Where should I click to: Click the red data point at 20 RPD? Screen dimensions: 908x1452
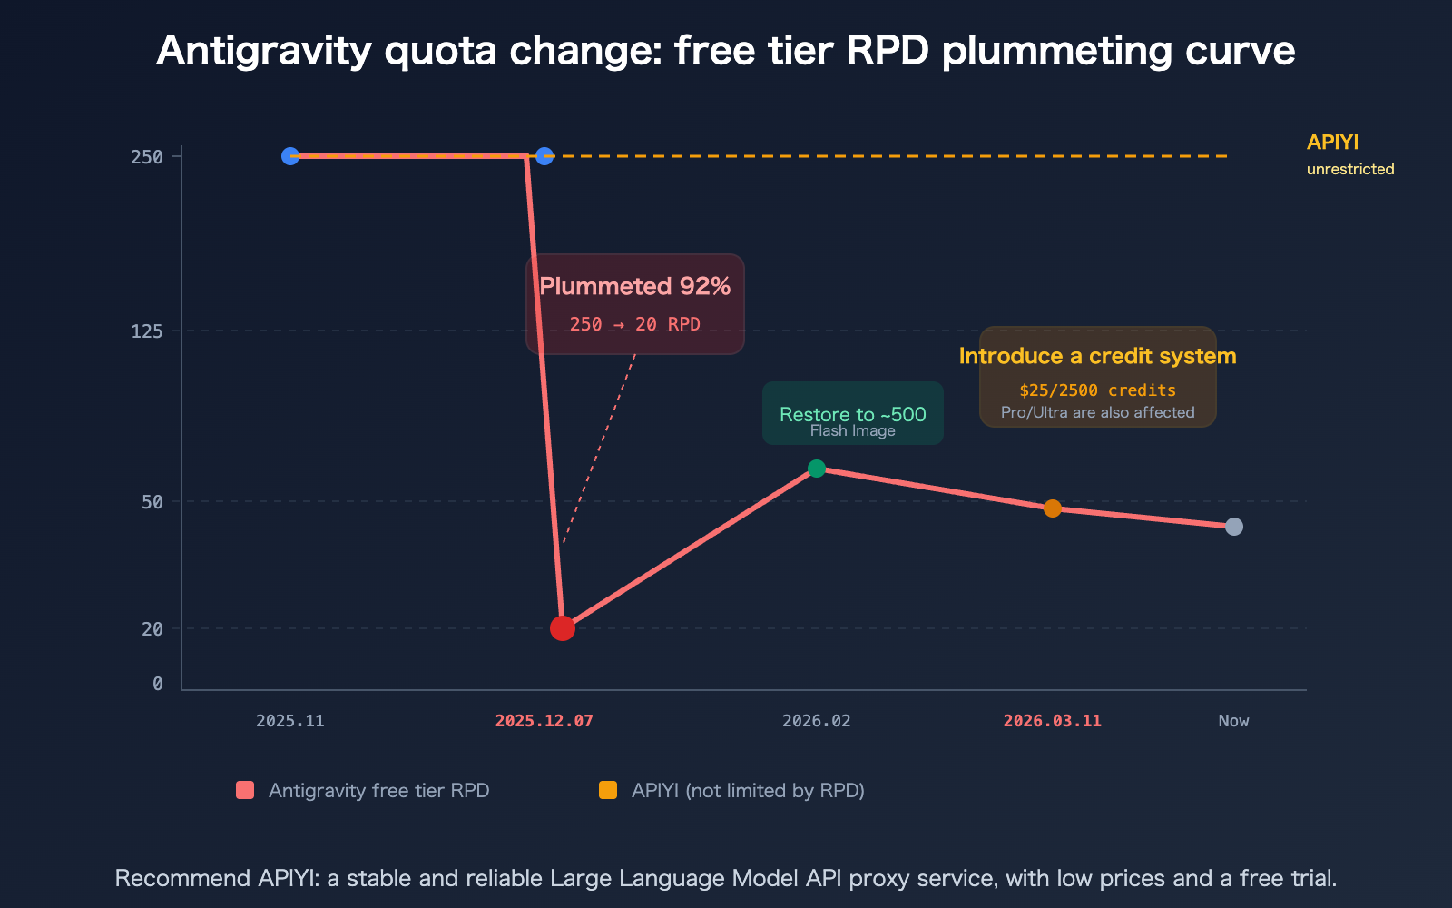tap(563, 628)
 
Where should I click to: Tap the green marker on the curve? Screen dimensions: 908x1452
tap(817, 469)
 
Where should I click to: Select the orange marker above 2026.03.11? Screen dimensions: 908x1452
tap(1053, 508)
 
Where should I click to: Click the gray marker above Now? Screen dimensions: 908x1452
tap(1234, 527)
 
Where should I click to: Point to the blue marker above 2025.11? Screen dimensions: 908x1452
tap(290, 156)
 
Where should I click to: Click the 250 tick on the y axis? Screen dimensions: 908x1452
tap(147, 157)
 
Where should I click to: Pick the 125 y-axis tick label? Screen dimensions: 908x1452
tap(147, 331)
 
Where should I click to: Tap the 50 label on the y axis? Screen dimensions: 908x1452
tap(152, 502)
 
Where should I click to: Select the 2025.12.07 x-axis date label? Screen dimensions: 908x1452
tap(544, 721)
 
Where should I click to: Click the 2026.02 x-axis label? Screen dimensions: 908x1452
tap(817, 721)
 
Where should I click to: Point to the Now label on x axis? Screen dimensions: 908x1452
tap(1233, 721)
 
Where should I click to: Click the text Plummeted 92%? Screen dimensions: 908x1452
tap(635, 287)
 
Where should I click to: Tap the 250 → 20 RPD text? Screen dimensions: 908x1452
tap(635, 325)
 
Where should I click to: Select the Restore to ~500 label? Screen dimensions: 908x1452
tap(853, 414)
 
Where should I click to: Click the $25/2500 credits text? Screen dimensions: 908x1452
tap(1097, 390)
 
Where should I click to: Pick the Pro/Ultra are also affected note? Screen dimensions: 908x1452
tap(1097, 412)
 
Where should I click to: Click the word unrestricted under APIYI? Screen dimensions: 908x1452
tap(1350, 170)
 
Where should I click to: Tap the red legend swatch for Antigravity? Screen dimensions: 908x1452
tap(245, 790)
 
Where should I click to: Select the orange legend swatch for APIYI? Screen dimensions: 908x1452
tap(608, 790)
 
